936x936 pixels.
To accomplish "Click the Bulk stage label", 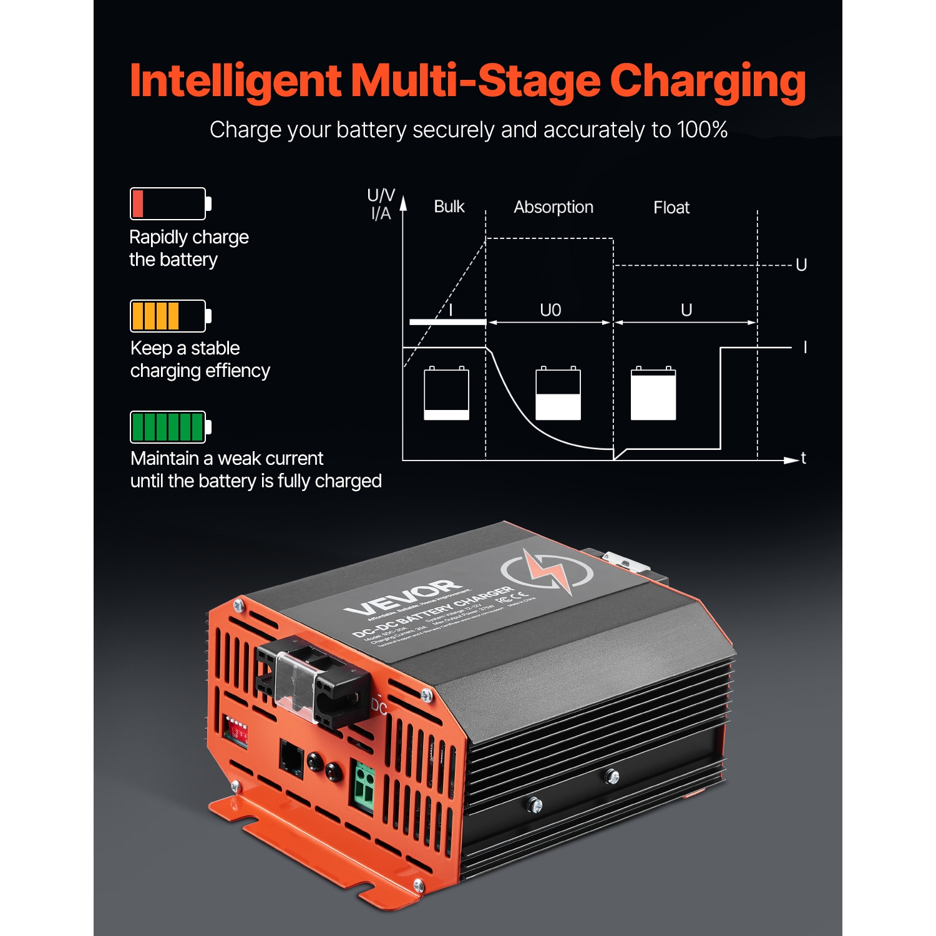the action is pos(449,207).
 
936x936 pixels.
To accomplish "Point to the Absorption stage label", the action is pos(553,207).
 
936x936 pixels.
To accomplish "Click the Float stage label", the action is pos(671,208).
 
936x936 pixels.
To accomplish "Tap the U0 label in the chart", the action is pos(550,310).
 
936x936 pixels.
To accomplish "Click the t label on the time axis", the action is pos(803,459).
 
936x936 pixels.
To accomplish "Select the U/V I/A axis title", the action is pos(381,204).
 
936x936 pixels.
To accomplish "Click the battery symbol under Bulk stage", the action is pos(446,393).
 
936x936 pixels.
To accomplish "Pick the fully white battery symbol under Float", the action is pos(653,393).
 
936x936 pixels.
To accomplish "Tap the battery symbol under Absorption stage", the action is pos(558,393).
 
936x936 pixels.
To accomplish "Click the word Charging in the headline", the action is pos(708,81).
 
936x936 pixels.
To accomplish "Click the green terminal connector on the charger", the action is pos(364,787).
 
